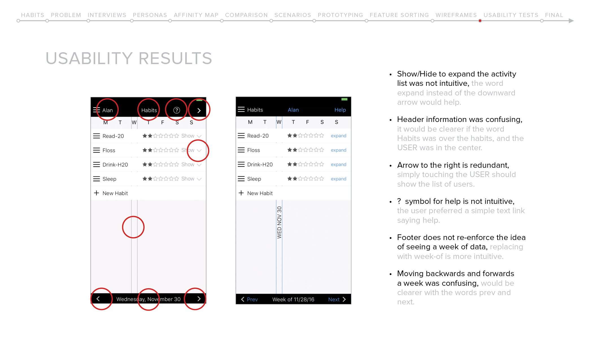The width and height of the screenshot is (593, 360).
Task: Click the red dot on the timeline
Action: (480, 21)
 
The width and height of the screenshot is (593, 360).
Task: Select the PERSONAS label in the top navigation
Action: (150, 15)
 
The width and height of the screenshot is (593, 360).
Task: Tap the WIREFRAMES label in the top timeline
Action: (456, 15)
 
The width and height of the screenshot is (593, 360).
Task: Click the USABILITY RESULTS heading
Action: (129, 58)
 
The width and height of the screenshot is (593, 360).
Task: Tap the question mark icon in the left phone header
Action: (176, 110)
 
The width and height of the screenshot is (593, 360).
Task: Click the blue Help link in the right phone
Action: (340, 110)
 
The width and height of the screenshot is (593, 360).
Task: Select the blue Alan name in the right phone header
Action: (293, 110)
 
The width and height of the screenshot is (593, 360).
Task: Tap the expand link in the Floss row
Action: (339, 150)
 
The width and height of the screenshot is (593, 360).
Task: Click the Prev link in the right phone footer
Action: (252, 299)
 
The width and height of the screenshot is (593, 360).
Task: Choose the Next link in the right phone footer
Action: (334, 299)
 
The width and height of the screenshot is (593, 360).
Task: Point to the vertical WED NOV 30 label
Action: (279, 222)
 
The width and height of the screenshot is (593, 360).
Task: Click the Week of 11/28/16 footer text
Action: (293, 299)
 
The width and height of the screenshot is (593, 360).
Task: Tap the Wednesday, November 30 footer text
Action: (148, 299)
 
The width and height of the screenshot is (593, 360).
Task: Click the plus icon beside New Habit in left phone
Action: (97, 193)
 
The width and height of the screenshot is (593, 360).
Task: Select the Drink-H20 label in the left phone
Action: (115, 165)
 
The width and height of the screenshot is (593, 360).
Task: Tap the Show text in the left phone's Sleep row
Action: (188, 179)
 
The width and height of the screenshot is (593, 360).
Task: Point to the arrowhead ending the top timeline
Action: (571, 21)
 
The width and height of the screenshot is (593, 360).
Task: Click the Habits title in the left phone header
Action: (149, 110)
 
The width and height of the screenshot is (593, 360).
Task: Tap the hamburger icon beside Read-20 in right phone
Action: (241, 136)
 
